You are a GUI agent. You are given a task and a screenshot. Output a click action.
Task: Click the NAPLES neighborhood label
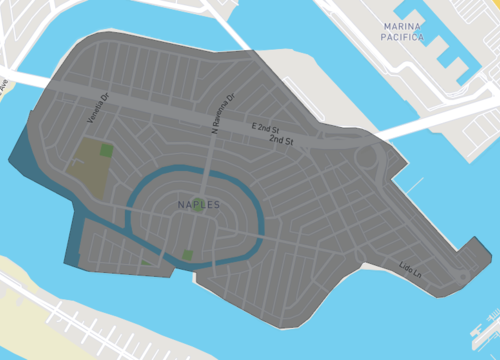pos(198,205)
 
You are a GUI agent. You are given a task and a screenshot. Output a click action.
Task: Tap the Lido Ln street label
pos(411,268)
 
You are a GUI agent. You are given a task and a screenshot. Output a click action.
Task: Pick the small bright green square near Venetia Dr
pos(106,149)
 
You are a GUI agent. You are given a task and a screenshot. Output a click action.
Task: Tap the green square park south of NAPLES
pos(187,255)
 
